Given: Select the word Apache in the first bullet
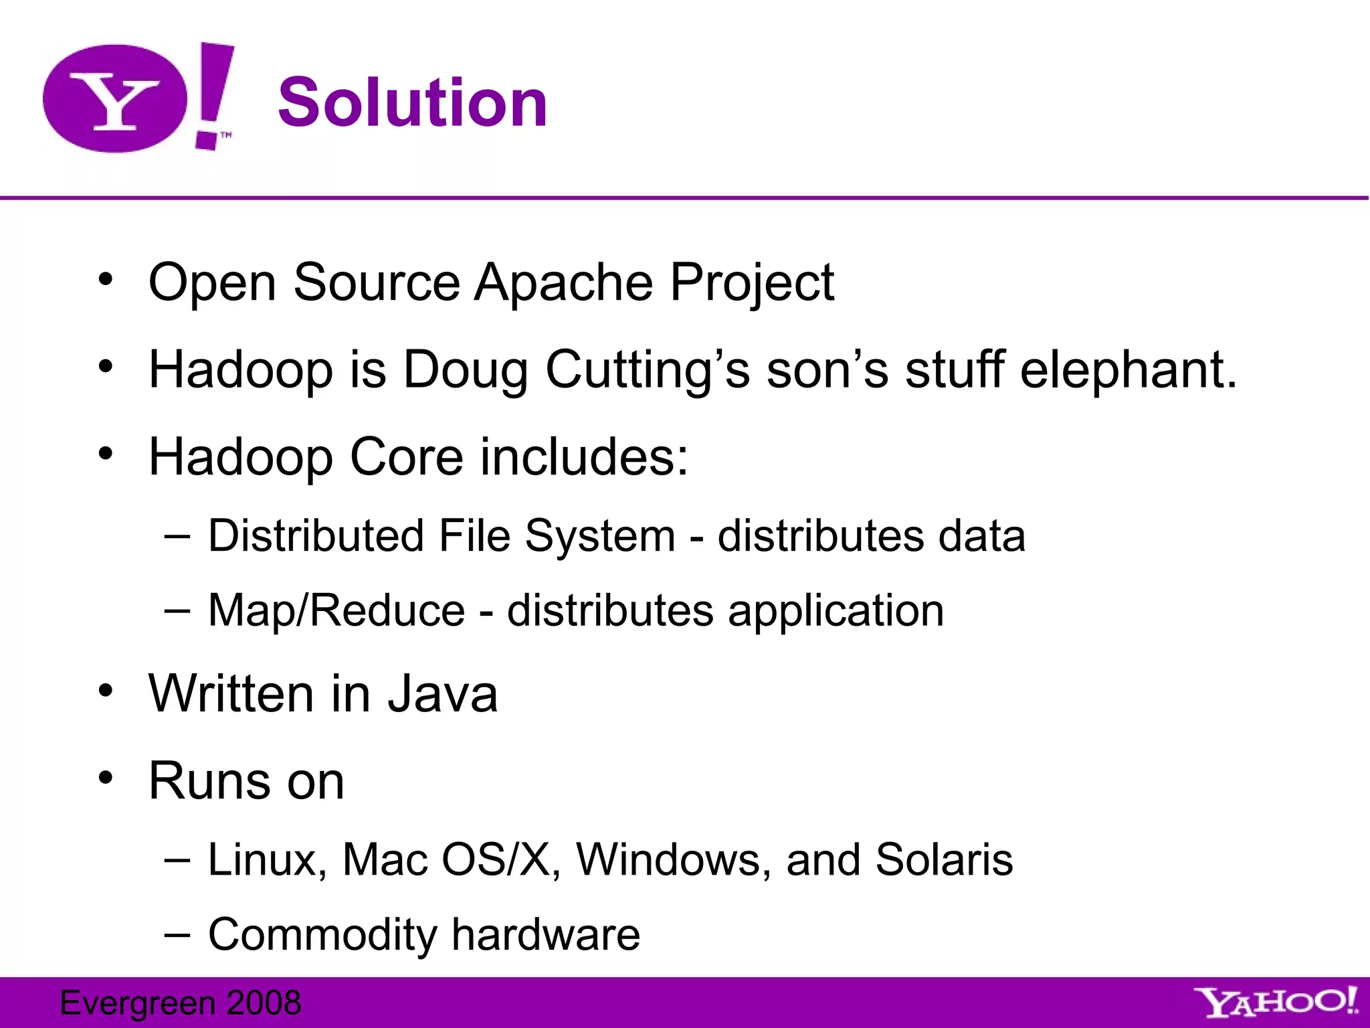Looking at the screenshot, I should [x=563, y=282].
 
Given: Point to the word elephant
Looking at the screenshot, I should [x=1128, y=369].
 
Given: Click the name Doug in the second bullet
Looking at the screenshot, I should [x=466, y=371].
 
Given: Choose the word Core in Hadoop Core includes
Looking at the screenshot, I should [x=406, y=457].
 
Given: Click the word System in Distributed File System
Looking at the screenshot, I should [x=599, y=537].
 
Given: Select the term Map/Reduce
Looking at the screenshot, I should [x=336, y=611].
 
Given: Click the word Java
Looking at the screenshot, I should [x=443, y=694].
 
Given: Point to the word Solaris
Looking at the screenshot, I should [x=944, y=859].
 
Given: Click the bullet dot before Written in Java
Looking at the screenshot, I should [x=105, y=691].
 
